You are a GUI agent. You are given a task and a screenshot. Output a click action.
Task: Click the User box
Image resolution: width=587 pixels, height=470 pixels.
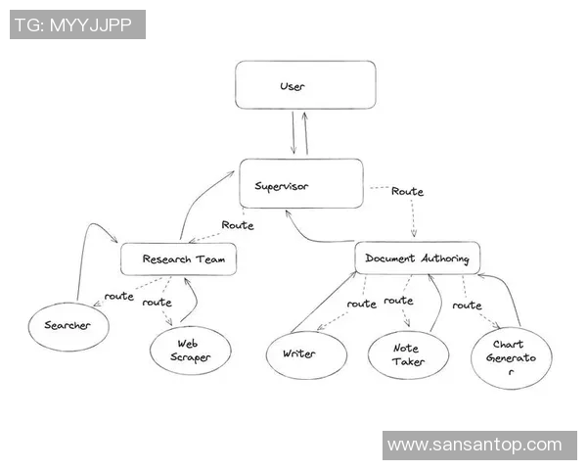click(305, 85)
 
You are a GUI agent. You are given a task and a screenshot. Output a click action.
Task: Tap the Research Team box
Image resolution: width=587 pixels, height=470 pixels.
click(179, 259)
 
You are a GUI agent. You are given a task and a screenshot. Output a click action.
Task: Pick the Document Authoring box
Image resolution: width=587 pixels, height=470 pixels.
click(417, 258)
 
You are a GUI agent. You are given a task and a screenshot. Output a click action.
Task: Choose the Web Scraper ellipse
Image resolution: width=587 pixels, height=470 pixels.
click(191, 351)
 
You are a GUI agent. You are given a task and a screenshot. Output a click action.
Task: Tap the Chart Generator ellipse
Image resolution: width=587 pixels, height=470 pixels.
click(511, 357)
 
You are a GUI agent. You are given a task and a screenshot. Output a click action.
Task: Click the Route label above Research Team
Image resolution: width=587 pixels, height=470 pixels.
click(237, 225)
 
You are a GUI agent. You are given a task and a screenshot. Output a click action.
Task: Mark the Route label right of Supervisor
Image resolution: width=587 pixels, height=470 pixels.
click(407, 192)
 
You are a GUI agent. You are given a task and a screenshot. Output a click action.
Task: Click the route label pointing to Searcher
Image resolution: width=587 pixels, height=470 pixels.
click(119, 296)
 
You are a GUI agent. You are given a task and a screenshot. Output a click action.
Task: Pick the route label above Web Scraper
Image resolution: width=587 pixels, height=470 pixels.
click(158, 303)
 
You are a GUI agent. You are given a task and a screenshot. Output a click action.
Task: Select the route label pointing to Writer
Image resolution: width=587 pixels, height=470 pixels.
click(362, 305)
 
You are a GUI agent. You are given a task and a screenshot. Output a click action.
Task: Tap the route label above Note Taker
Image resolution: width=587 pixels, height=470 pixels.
click(399, 301)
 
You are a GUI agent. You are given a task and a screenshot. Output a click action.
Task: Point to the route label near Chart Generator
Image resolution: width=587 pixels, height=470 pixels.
click(467, 305)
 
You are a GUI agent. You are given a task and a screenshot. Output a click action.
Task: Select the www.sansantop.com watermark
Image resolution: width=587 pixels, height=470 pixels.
click(474, 446)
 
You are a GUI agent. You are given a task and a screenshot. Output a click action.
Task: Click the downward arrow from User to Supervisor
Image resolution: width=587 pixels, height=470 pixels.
click(292, 134)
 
